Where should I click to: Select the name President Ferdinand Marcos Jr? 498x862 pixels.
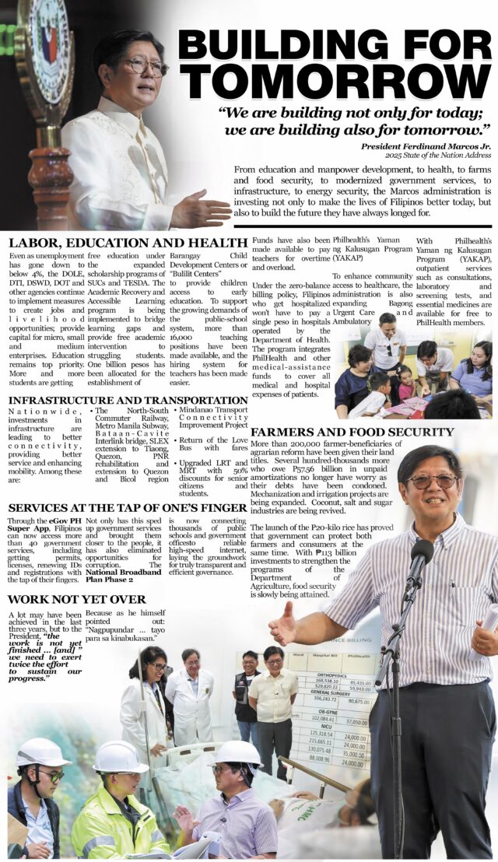click(426, 145)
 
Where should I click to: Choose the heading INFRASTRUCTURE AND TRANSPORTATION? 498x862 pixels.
click(128, 400)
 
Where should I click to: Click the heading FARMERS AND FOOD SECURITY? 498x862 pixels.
click(352, 432)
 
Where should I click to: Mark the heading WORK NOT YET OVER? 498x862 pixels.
click(76, 599)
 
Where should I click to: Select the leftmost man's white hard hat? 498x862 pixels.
click(42, 752)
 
